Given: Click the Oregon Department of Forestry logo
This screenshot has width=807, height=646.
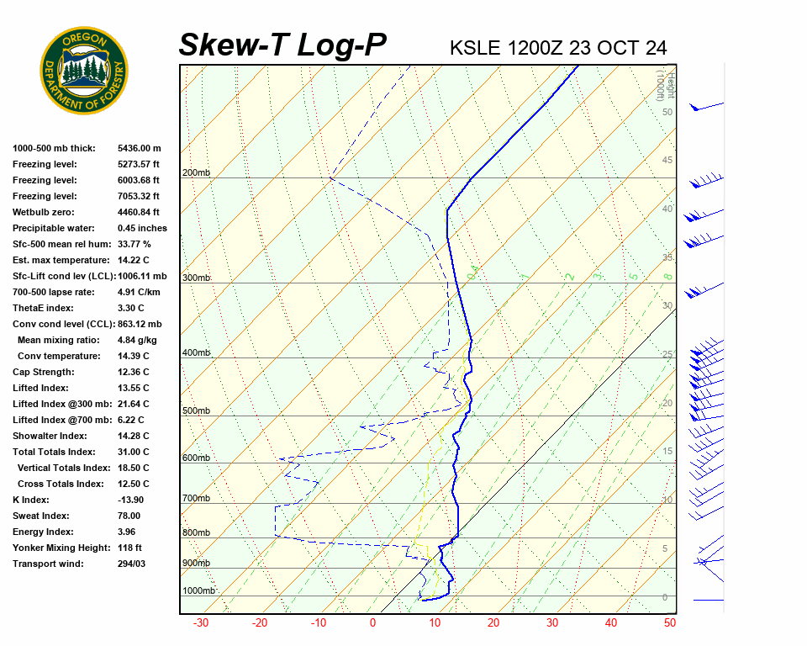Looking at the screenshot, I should [84, 70].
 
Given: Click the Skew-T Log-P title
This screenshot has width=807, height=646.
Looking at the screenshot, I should [282, 45].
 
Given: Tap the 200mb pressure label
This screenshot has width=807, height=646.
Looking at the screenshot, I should [195, 173].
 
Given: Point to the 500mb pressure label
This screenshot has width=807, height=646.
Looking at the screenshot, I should [195, 411].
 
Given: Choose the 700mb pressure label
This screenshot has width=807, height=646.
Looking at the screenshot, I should [195, 499].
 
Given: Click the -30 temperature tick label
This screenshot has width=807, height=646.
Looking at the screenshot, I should [201, 623].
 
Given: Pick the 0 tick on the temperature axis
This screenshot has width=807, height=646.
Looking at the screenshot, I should [372, 623].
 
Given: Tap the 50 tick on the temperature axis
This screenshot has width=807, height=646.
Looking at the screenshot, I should [669, 623].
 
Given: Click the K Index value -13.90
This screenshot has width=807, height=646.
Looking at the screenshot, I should [134, 500].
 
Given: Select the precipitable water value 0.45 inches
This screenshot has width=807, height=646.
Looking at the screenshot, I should [142, 228].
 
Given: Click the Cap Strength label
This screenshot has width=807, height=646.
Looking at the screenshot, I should [44, 372].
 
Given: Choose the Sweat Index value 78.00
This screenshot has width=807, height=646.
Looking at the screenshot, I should [129, 516].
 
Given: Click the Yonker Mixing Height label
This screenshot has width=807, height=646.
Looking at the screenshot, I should [57, 548].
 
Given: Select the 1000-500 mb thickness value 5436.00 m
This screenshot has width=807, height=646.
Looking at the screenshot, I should [139, 148].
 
